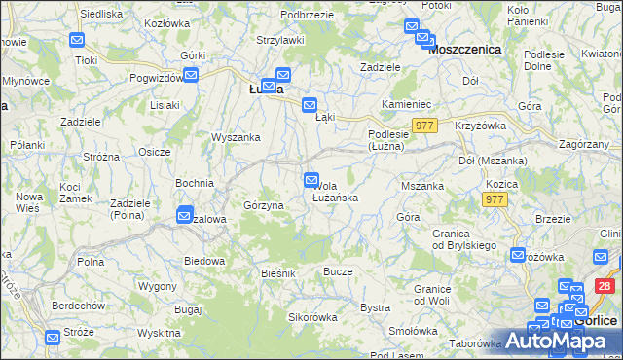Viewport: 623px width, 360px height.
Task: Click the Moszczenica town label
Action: pos(464,49)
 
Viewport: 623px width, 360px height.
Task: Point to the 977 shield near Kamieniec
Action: pos(425,126)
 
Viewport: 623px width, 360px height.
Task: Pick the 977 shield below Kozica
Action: pos(495,199)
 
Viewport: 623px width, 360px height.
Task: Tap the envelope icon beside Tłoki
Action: pos(78,41)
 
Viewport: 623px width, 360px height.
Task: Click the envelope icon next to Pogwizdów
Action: pos(191,74)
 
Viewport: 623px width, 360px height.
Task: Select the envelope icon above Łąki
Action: pos(310,105)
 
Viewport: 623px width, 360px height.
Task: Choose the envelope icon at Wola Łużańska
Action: pos(311,179)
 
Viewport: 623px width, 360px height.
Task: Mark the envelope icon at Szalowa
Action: pos(184,215)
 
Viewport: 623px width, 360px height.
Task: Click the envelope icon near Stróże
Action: pos(54,337)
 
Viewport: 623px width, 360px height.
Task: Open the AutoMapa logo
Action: pos(552,342)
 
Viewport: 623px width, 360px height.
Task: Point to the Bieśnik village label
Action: pos(277,273)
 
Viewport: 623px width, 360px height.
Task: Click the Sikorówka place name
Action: pos(311,317)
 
